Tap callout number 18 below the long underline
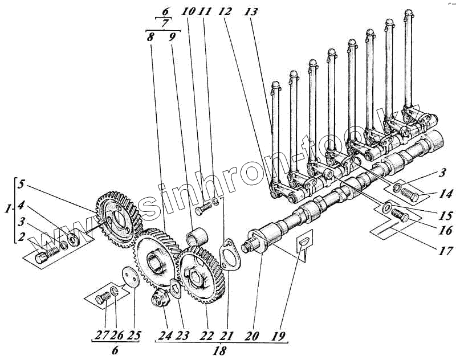click(x=219, y=351)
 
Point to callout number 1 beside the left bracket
click(x=7, y=210)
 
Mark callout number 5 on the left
click(x=21, y=185)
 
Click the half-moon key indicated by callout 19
click(x=305, y=242)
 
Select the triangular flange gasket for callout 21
click(x=229, y=254)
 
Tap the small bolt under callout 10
click(x=202, y=210)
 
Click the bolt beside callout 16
click(x=401, y=216)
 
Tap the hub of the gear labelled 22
click(x=196, y=279)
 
